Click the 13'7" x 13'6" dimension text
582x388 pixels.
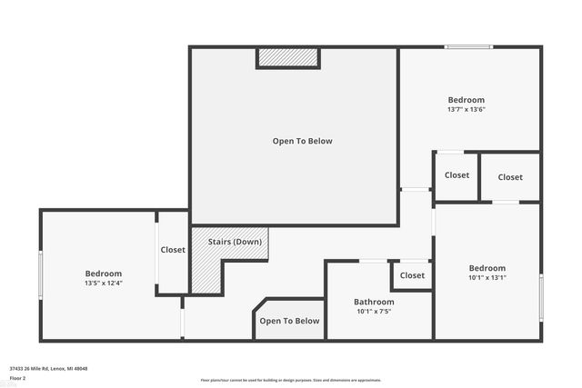click(x=466, y=110)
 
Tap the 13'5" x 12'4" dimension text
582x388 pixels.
click(x=103, y=284)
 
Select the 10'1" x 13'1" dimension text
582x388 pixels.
click(x=487, y=278)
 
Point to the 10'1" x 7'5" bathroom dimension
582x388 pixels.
click(x=374, y=312)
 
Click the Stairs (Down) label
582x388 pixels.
click(x=235, y=242)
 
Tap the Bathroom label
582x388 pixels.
click(x=374, y=302)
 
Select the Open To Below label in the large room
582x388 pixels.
click(x=302, y=141)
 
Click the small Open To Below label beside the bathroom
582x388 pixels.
click(x=289, y=321)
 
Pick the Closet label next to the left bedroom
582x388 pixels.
click(x=173, y=250)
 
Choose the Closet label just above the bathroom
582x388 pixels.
click(x=412, y=275)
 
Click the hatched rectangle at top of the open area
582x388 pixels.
click(x=288, y=57)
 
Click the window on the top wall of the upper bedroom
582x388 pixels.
click(x=468, y=46)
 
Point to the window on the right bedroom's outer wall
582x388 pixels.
click(x=541, y=297)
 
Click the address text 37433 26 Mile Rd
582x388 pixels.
click(x=48, y=369)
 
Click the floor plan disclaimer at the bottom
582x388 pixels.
click(x=290, y=380)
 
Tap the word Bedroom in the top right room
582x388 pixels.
click(x=466, y=100)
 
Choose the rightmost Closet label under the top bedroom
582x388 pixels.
click(x=510, y=177)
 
